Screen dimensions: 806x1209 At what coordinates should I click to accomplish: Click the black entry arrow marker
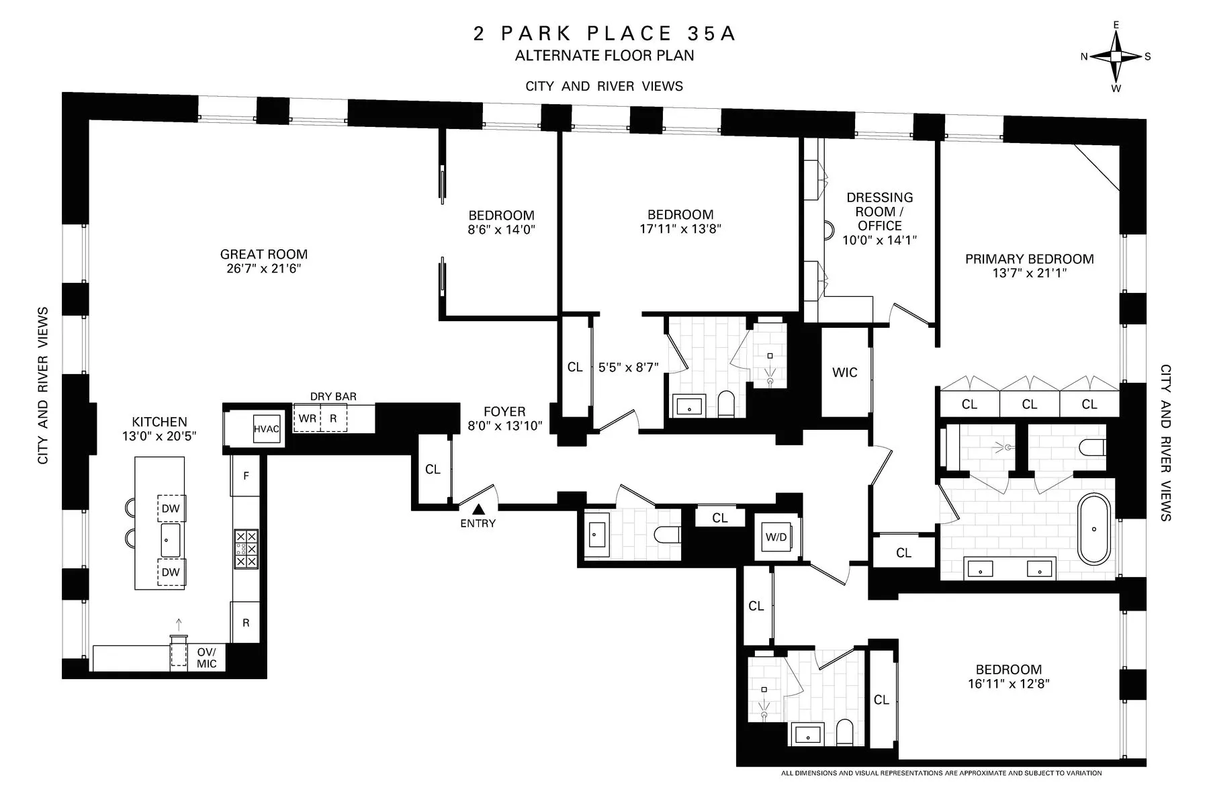pyautogui.click(x=478, y=510)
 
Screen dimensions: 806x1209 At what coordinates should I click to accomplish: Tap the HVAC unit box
pyautogui.click(x=266, y=429)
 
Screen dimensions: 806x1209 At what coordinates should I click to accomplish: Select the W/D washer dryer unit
pyautogui.click(x=776, y=537)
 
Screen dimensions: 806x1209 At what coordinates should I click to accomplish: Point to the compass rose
pyautogui.click(x=1116, y=56)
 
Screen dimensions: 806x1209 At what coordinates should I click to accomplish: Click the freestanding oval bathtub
pyautogui.click(x=1094, y=529)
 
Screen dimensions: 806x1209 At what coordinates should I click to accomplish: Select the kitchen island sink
pyautogui.click(x=171, y=541)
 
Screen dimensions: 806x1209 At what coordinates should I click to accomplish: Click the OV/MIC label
pyautogui.click(x=206, y=658)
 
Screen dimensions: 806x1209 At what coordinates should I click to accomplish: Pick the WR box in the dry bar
pyautogui.click(x=307, y=418)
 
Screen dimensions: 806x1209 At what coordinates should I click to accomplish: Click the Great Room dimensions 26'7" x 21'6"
pyautogui.click(x=263, y=269)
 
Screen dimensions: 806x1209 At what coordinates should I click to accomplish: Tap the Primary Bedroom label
pyautogui.click(x=1029, y=259)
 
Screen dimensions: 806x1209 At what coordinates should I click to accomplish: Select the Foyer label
pyautogui.click(x=504, y=411)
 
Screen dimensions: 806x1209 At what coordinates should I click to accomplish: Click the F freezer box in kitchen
pyautogui.click(x=246, y=476)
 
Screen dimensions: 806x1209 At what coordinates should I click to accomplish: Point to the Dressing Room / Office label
pyautogui.click(x=879, y=212)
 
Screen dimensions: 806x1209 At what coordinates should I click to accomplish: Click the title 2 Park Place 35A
pyautogui.click(x=604, y=34)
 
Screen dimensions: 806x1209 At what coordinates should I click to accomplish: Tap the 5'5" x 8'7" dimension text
pyautogui.click(x=628, y=367)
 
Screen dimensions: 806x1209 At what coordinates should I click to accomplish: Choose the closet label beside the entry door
pyautogui.click(x=433, y=469)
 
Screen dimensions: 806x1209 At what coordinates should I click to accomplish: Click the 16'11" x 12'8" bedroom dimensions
pyautogui.click(x=1008, y=684)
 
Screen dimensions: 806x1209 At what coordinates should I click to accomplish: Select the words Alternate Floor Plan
pyautogui.click(x=604, y=56)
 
